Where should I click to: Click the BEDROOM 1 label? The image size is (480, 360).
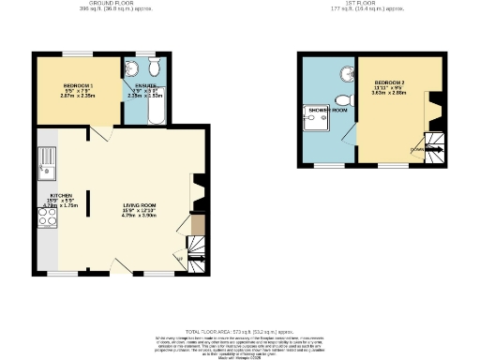78,85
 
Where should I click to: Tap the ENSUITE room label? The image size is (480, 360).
145,85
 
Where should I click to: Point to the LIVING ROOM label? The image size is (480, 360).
140,205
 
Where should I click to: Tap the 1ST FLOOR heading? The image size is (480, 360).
360,4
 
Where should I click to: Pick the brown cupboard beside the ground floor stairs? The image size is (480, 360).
197,224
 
